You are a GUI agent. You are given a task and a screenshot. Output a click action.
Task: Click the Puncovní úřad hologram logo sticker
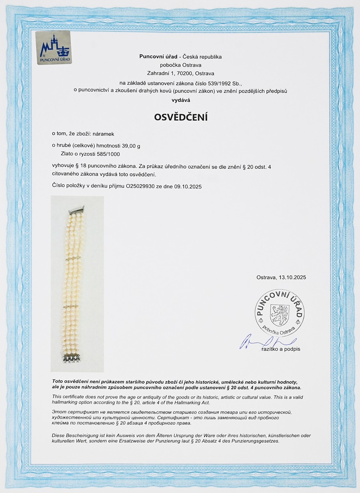click(54, 48)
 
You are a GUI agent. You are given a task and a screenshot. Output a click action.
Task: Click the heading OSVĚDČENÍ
click(181, 117)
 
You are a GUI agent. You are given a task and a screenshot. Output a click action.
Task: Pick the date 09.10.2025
click(189, 186)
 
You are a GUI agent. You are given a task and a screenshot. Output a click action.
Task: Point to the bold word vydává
click(181, 100)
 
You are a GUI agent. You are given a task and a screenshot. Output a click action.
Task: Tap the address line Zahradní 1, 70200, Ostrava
click(181, 74)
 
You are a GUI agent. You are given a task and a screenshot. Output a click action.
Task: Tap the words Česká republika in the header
click(205, 57)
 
